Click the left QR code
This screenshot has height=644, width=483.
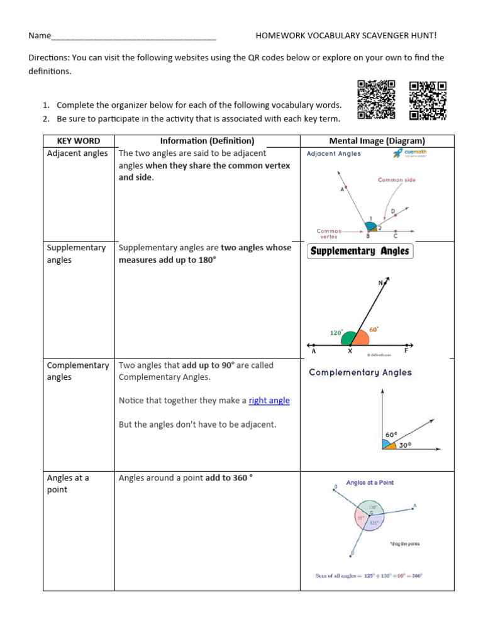[x=376, y=99]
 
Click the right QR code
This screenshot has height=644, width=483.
[x=428, y=100]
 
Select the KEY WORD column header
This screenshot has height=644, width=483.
[x=79, y=141]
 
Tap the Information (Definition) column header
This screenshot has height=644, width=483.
[x=207, y=141]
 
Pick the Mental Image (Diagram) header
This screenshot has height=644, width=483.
[x=377, y=141]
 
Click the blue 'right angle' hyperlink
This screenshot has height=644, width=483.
[x=269, y=401]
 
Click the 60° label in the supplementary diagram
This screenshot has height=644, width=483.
[x=374, y=329]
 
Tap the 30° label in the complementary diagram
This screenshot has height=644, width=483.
[x=405, y=444]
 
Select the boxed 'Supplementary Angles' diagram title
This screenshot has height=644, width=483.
[x=360, y=251]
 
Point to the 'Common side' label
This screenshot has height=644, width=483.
[x=396, y=180]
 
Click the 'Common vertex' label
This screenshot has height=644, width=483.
[x=329, y=233]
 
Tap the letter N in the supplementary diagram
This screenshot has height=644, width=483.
[x=380, y=283]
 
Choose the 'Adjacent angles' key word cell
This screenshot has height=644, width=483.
[x=77, y=153]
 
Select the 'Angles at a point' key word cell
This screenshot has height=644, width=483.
[x=68, y=484]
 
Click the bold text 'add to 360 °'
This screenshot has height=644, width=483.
[x=229, y=478]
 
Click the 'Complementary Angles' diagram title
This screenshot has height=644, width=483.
[x=360, y=372]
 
